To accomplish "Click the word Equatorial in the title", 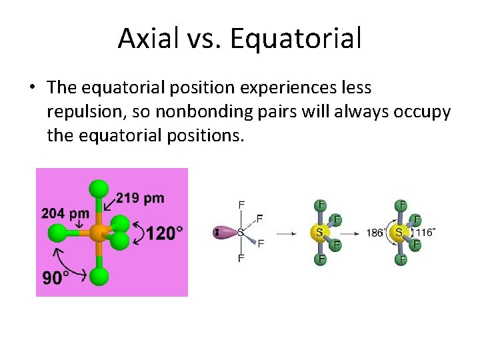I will (295, 38).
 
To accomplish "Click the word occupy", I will (423, 111).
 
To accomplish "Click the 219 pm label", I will (140, 198).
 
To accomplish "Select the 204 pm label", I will (65, 214).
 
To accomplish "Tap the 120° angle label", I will (164, 233).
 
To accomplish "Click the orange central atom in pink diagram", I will (99, 232).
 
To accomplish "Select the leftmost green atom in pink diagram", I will (58, 233).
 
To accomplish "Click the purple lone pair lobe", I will (225, 233).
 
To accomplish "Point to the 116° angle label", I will (426, 233).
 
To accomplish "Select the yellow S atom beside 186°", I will (399, 233).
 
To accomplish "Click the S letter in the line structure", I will (241, 233).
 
